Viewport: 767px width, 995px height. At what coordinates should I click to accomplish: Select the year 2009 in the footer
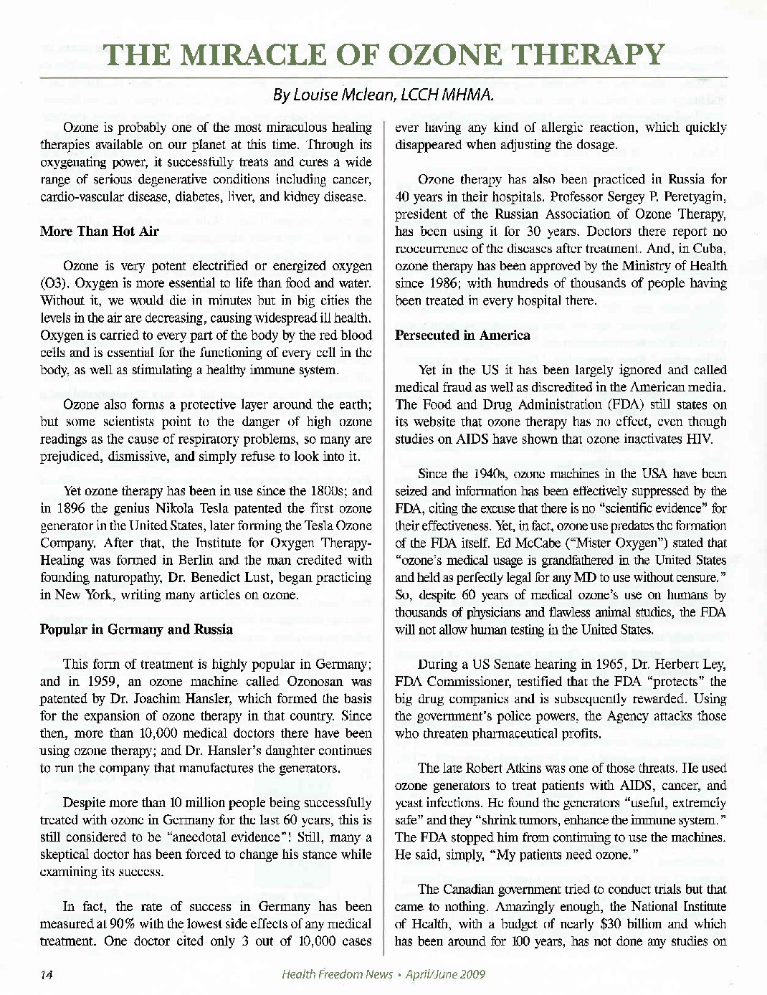click(x=469, y=974)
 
